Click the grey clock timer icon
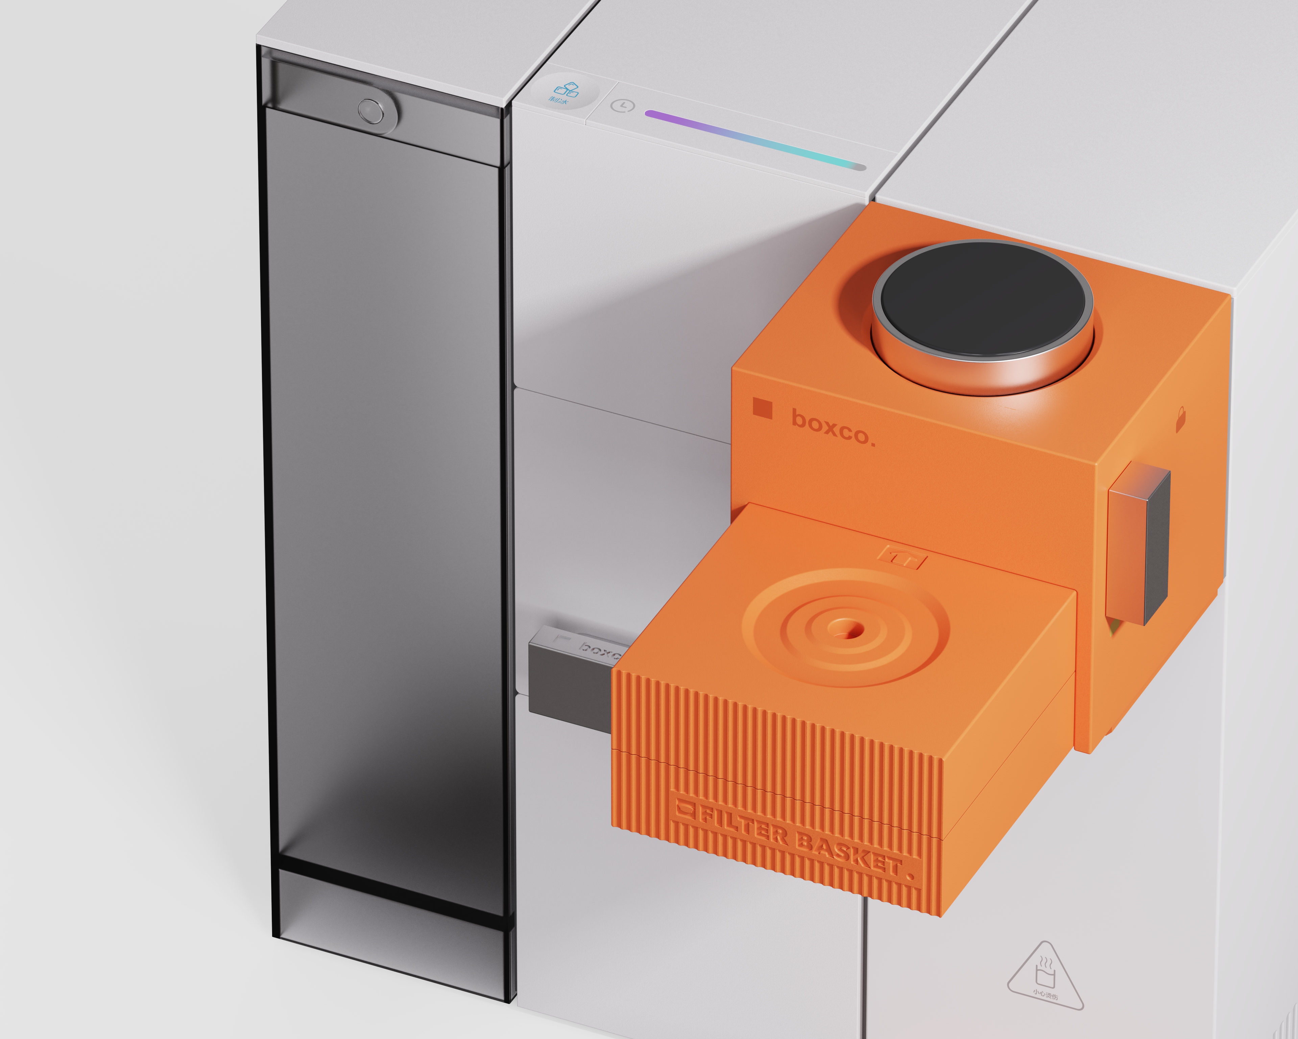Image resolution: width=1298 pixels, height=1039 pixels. (623, 106)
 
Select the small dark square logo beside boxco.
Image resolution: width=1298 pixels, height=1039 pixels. (762, 408)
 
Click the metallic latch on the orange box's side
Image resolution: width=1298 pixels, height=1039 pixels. (1138, 544)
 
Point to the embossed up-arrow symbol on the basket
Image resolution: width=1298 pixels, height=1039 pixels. (901, 557)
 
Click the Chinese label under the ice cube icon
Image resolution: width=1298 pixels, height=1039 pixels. (558, 100)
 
